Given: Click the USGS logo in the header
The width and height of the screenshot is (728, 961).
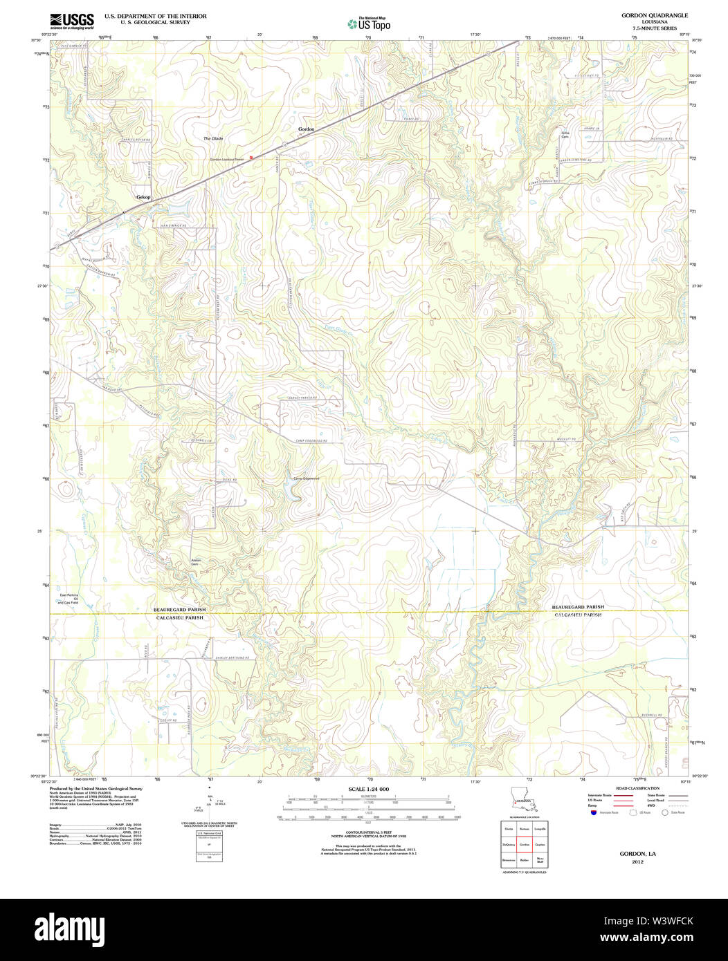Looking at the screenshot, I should click(x=72, y=20).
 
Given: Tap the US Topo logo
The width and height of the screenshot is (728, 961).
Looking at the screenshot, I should click(x=369, y=24).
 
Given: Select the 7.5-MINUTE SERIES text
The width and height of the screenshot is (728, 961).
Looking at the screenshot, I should click(x=649, y=28).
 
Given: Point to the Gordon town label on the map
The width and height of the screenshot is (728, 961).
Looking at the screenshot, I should click(x=306, y=129).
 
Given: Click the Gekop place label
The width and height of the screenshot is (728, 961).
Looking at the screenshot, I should click(x=143, y=197).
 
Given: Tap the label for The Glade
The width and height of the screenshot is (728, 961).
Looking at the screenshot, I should click(x=213, y=138).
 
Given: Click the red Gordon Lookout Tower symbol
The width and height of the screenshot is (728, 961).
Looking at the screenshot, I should click(x=251, y=157).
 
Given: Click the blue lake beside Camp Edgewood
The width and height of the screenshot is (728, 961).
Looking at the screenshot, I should click(x=291, y=492).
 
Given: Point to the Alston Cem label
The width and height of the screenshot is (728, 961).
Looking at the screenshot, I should click(x=196, y=562).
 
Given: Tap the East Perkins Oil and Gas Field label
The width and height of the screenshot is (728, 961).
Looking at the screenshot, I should click(x=69, y=599).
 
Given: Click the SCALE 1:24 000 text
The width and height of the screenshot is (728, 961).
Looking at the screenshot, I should click(x=369, y=789).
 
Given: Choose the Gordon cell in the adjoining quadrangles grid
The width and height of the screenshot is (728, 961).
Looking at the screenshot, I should click(x=524, y=845).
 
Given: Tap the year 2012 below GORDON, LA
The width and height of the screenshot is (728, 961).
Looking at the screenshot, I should click(x=637, y=861).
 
